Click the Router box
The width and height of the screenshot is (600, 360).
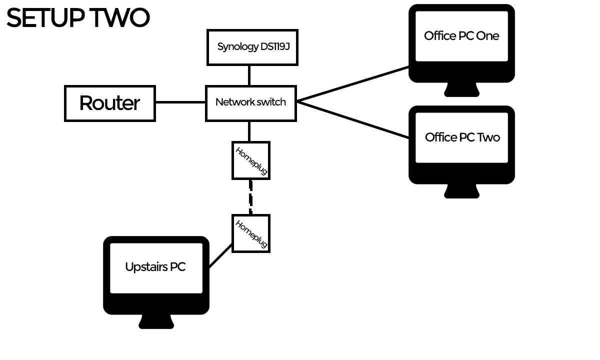click(110, 103)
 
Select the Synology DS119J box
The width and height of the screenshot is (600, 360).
click(252, 47)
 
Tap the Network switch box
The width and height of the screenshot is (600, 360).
click(251, 103)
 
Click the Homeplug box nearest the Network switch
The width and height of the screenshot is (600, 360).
click(251, 160)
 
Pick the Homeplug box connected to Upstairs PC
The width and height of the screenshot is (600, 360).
click(251, 233)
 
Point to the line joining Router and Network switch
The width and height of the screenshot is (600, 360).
click(180, 102)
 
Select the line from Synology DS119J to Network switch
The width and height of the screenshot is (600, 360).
click(249, 75)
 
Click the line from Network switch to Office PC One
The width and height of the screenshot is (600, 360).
click(352, 83)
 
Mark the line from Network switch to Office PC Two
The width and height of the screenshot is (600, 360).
click(352, 119)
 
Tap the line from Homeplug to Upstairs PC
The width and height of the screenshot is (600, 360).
click(220, 255)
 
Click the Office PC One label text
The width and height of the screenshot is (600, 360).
click(461, 36)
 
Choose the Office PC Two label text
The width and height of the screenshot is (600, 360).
click(462, 137)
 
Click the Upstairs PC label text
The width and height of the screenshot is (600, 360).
click(155, 267)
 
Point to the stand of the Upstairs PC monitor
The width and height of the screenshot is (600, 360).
click(156, 321)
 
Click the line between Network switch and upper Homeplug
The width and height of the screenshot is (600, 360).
click(249, 131)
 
